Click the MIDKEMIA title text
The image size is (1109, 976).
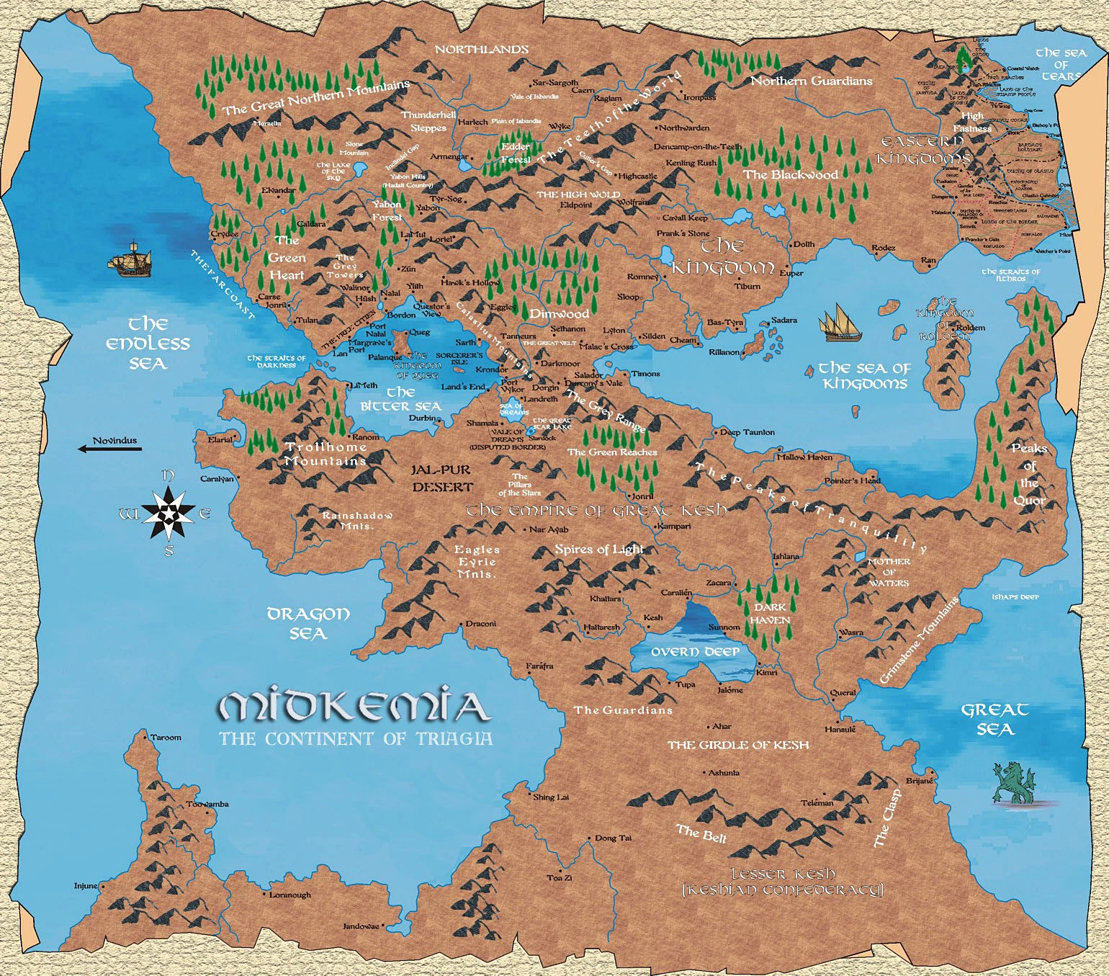[x=354, y=707]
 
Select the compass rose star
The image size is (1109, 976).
[x=167, y=513]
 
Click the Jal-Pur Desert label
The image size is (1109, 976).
[x=441, y=478]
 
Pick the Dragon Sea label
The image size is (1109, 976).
[x=308, y=624]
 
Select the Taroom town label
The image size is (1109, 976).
[x=166, y=738]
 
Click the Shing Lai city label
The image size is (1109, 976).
[x=551, y=797]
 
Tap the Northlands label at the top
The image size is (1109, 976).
[x=482, y=49]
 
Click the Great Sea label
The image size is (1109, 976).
[x=994, y=720]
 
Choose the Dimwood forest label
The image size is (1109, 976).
[x=559, y=314]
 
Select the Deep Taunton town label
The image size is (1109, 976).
[x=747, y=432]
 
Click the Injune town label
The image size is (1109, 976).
[x=85, y=886]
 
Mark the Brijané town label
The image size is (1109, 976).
[x=919, y=781]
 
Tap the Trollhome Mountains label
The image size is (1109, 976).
[x=325, y=454]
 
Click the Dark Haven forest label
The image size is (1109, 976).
[x=770, y=613]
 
